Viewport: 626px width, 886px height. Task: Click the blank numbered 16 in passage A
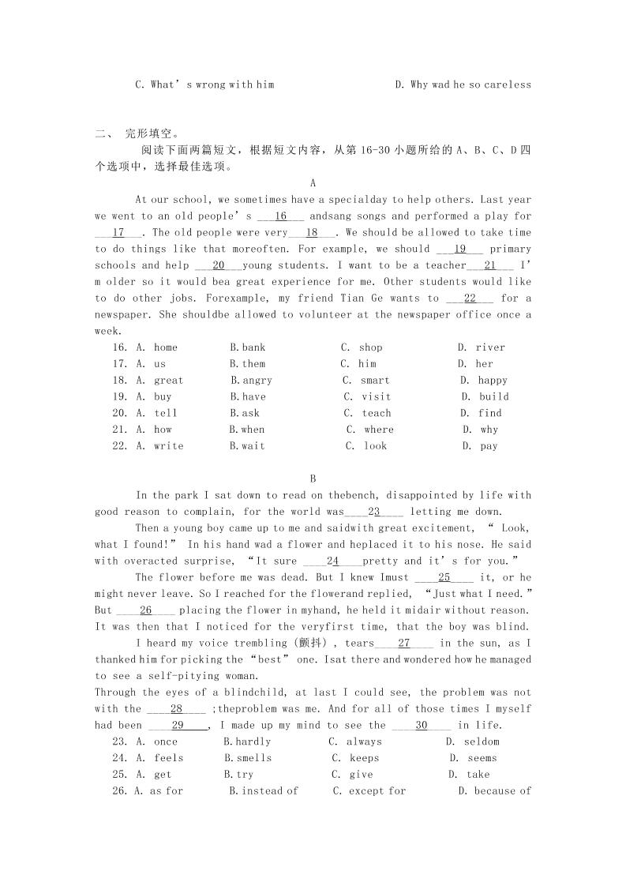pyautogui.click(x=280, y=216)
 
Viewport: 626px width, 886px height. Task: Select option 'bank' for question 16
pyautogui.click(x=253, y=347)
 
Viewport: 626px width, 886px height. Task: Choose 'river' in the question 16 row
pyautogui.click(x=490, y=347)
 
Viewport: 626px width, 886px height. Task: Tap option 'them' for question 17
pyautogui.click(x=253, y=364)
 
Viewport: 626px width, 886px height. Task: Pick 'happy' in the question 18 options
pyautogui.click(x=493, y=381)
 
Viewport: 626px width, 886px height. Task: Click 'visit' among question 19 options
pyautogui.click(x=376, y=397)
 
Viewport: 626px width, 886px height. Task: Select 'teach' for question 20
pyautogui.click(x=377, y=413)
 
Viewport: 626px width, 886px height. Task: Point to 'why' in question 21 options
pyautogui.click(x=489, y=430)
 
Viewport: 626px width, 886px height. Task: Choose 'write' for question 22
pyautogui.click(x=168, y=446)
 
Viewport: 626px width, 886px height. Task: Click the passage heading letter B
pyautogui.click(x=313, y=479)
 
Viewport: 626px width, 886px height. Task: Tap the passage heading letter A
pyautogui.click(x=313, y=183)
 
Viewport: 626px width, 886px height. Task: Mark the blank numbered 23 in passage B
pyautogui.click(x=374, y=512)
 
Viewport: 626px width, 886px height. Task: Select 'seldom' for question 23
pyautogui.click(x=482, y=741)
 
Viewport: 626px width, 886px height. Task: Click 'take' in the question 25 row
pyautogui.click(x=478, y=775)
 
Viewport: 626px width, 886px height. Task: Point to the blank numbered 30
pyautogui.click(x=421, y=725)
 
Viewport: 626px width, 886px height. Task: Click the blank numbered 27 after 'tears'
pyautogui.click(x=403, y=643)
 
